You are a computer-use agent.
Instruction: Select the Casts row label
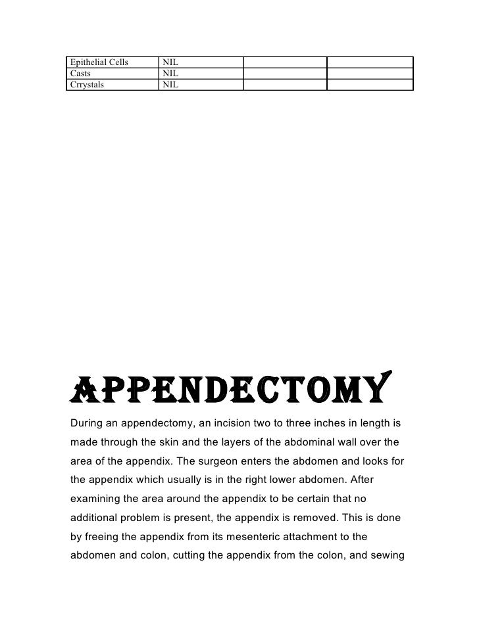pos(80,74)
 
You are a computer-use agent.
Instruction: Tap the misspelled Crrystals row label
pos(86,85)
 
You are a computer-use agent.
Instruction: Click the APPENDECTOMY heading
pos(230,388)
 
